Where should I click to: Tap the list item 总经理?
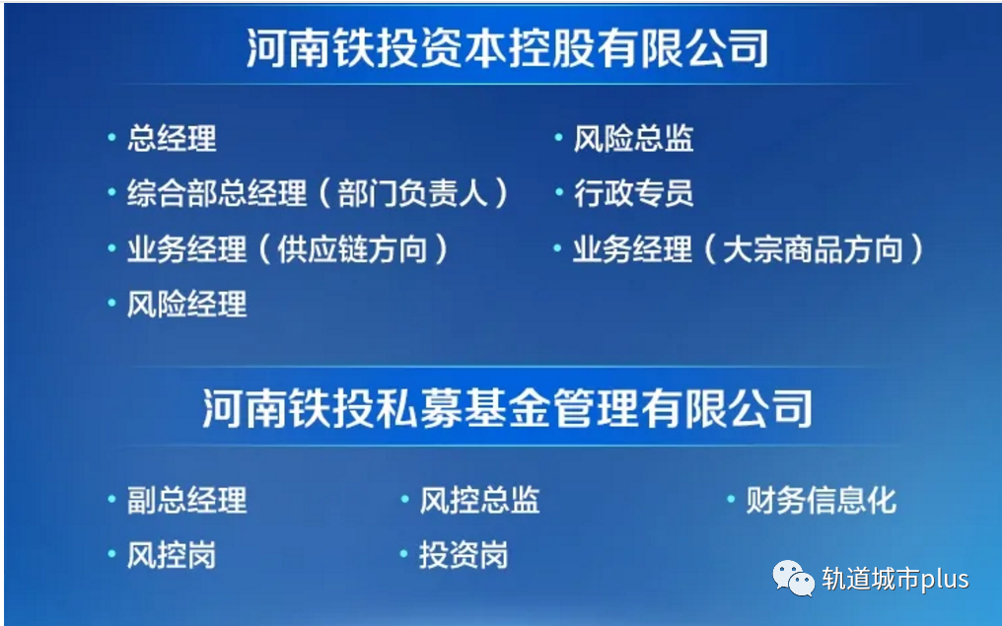tap(172, 139)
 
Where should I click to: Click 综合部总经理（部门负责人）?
tap(318, 193)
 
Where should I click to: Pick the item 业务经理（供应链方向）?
tap(287, 249)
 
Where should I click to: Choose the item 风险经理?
tap(186, 305)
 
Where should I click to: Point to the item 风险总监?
tap(633, 139)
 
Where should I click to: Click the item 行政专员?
tap(633, 193)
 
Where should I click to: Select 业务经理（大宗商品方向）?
tap(748, 249)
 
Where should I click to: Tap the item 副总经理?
tap(186, 501)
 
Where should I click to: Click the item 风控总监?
tap(479, 501)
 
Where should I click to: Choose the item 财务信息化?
tap(821, 501)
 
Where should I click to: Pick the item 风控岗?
tap(172, 556)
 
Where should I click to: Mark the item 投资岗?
tap(464, 556)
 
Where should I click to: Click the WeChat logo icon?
tap(793, 579)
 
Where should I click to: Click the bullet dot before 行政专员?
tap(558, 193)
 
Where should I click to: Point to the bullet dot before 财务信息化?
tap(731, 500)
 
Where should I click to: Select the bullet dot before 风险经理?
tap(111, 304)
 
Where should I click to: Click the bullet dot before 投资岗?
tap(403, 555)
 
